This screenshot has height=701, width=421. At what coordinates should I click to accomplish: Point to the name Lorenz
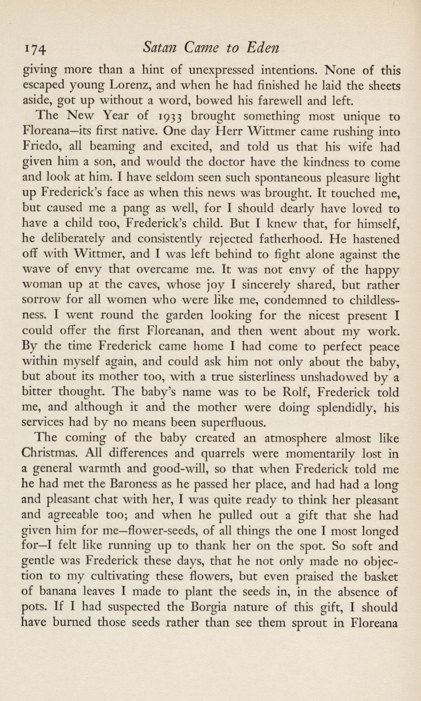pos(129,86)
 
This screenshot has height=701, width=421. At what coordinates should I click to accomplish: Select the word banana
pos(57,592)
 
